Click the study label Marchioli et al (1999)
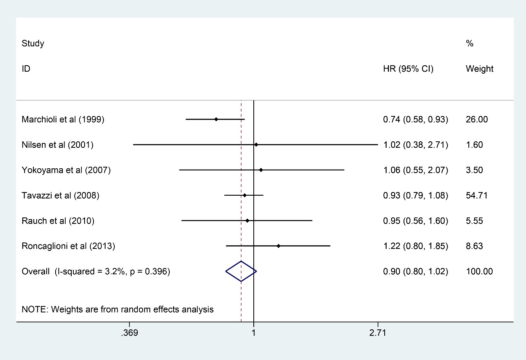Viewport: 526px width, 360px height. [x=63, y=120]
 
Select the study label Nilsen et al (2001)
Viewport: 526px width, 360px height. [x=58, y=145]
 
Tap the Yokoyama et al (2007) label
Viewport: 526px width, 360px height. [x=66, y=170]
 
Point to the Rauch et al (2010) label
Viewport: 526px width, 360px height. [x=58, y=221]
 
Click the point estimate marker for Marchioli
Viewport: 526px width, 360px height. [x=216, y=119]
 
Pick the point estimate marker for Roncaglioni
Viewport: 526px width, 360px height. [x=278, y=246]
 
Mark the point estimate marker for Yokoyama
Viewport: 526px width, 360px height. [x=261, y=170]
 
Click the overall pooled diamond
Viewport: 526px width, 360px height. [x=241, y=271]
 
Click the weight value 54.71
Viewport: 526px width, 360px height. [x=476, y=196]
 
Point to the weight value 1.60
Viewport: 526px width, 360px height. [x=474, y=145]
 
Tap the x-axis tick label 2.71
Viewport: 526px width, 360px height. [x=378, y=333]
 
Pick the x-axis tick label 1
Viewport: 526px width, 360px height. [x=254, y=333]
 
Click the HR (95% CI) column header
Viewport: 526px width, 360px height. [x=408, y=69]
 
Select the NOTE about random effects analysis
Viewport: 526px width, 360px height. [x=118, y=310]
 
